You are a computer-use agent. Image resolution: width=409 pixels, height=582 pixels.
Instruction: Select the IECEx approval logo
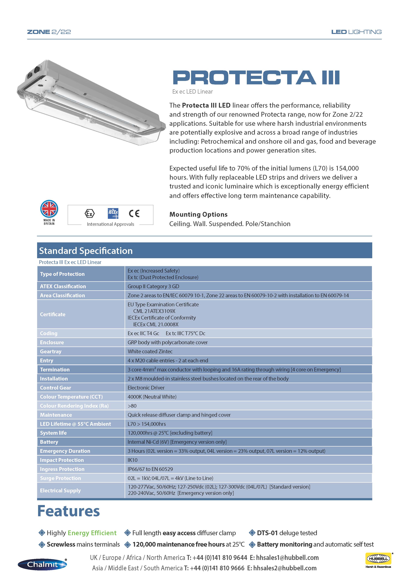[113, 213]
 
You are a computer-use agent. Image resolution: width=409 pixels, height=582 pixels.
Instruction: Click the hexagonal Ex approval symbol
[90, 213]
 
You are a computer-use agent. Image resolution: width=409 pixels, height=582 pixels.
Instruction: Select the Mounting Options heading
[198, 214]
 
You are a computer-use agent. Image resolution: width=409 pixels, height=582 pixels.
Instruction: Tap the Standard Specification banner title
[86, 251]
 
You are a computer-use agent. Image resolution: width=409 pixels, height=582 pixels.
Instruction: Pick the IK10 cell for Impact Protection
[132, 460]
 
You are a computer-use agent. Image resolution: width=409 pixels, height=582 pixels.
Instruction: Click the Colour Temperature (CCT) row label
[71, 396]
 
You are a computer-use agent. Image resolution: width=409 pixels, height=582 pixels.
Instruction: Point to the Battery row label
[49, 442]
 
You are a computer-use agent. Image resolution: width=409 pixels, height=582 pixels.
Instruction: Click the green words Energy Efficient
[92, 533]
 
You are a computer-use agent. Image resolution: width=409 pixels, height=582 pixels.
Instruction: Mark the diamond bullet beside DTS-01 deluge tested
[252, 533]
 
